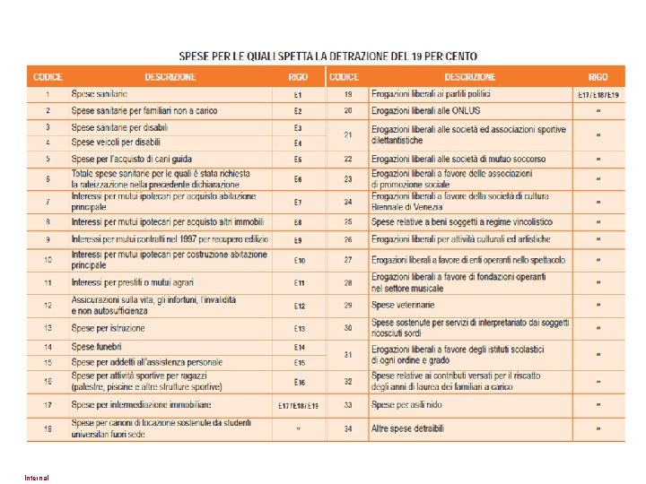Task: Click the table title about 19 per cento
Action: [328, 56]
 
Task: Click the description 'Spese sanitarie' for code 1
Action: [100, 94]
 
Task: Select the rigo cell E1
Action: [298, 94]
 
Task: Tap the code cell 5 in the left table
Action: [48, 159]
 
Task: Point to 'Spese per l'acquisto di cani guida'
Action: [131, 159]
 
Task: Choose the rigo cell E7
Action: [298, 202]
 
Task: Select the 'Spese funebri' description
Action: [97, 346]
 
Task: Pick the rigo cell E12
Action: [299, 306]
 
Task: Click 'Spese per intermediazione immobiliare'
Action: [141, 405]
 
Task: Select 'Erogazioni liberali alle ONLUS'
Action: [426, 110]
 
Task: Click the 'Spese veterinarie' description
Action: [403, 306]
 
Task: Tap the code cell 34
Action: [347, 429]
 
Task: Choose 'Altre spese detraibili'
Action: [407, 429]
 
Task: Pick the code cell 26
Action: [347, 240]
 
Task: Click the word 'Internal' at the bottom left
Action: [37, 477]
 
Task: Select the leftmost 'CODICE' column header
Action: [48, 77]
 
